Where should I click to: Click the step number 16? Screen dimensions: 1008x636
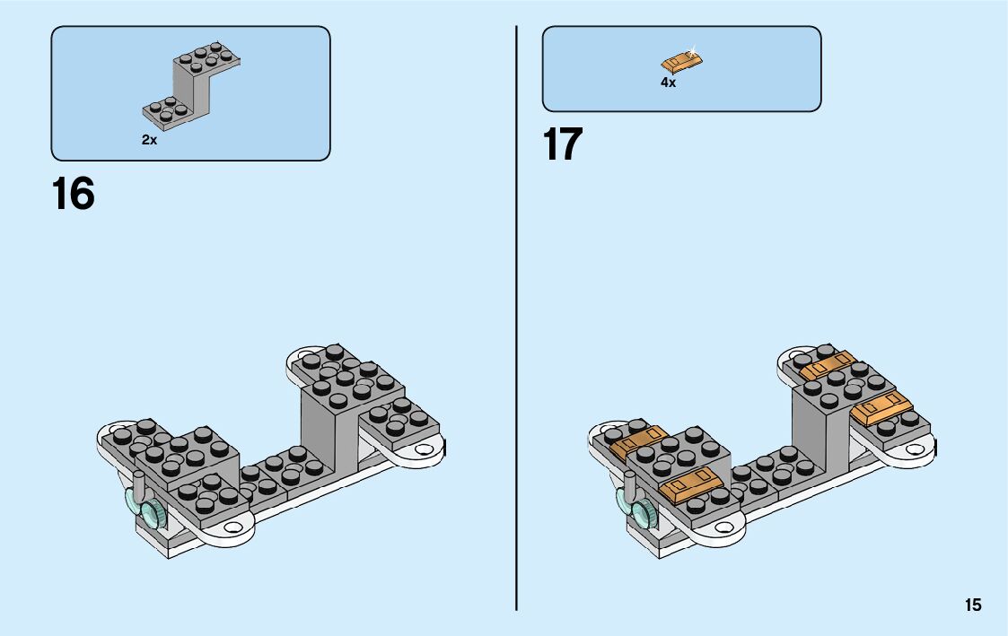tap(74, 194)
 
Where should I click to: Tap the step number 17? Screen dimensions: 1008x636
tap(563, 145)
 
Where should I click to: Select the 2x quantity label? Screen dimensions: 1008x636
tap(149, 141)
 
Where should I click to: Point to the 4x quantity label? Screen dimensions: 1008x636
tap(668, 83)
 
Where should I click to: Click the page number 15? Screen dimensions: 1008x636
tap(973, 606)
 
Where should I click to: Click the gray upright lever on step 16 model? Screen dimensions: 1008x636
tap(137, 483)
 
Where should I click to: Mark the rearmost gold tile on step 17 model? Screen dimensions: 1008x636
tap(828, 366)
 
